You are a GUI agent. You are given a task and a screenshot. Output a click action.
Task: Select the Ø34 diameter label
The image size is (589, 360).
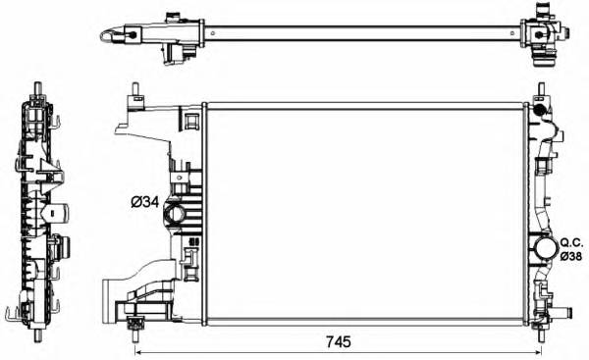click(x=145, y=203)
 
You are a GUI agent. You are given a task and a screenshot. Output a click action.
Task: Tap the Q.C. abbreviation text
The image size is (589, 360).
click(x=570, y=239)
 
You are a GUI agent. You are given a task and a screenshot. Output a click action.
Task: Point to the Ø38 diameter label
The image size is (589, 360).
click(x=570, y=255)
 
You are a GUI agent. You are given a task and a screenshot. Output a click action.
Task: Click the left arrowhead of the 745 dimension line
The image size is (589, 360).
click(x=138, y=350)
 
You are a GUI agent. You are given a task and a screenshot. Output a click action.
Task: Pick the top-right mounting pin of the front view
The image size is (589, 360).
click(x=538, y=93)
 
